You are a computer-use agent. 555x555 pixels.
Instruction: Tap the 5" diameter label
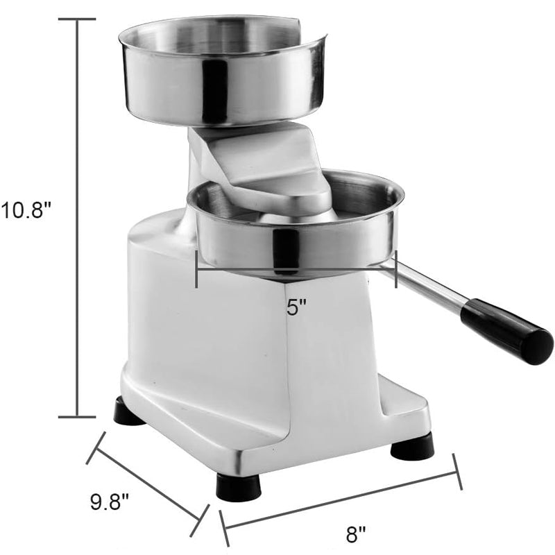click(297, 307)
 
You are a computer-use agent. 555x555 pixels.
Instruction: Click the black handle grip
click(506, 332)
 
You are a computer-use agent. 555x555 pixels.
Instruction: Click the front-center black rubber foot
click(239, 486)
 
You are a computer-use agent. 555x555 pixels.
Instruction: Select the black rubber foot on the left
click(129, 413)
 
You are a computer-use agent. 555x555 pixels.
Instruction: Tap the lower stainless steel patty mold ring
click(295, 232)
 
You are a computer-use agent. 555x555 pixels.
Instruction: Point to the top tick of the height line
click(76, 19)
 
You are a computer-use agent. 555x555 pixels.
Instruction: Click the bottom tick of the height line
click(76, 417)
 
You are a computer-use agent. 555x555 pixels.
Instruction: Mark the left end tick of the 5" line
click(197, 269)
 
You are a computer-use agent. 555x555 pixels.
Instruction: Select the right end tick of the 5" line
click(396, 269)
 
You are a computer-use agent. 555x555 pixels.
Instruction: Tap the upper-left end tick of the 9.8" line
click(96, 448)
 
